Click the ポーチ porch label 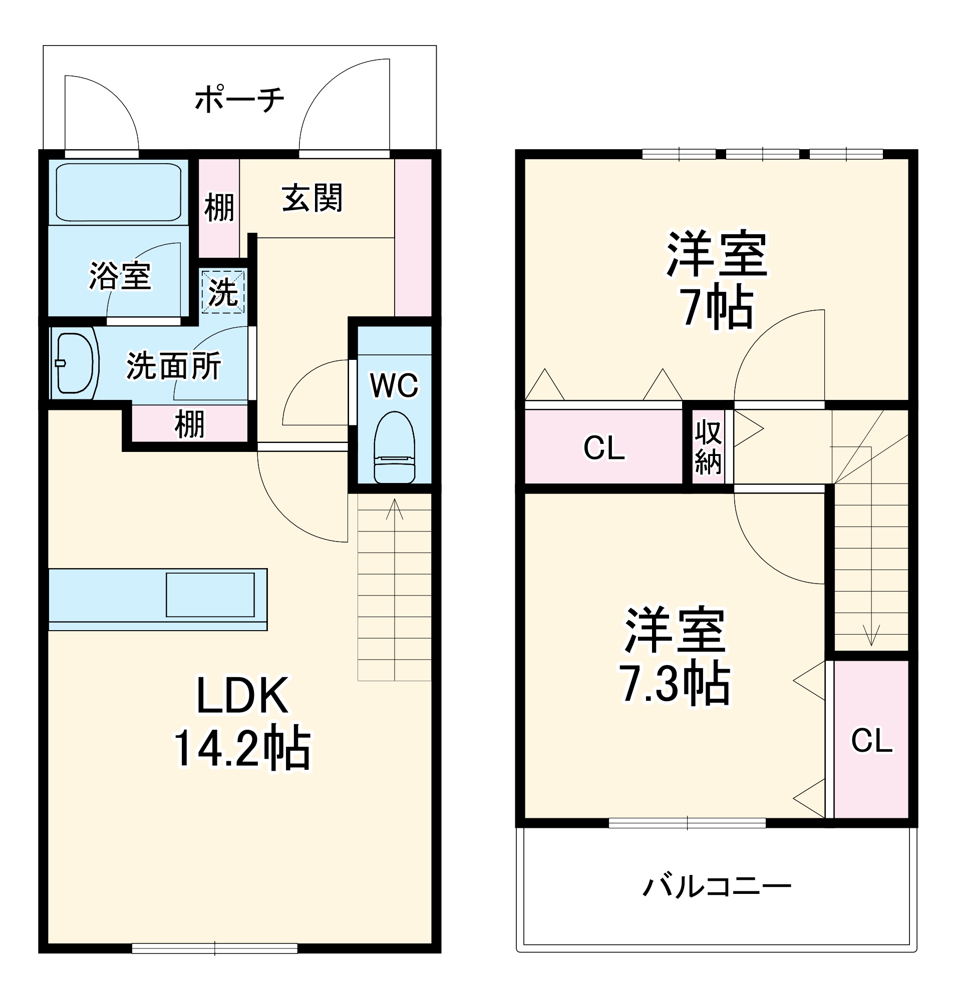pyautogui.click(x=239, y=99)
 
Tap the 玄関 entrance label pyautogui.click(x=312, y=198)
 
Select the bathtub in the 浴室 pyautogui.click(x=118, y=192)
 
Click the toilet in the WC pyautogui.click(x=394, y=448)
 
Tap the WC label pyautogui.click(x=394, y=385)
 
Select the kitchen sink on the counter pyautogui.click(x=210, y=595)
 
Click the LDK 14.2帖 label pyautogui.click(x=242, y=723)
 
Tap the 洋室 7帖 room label pyautogui.click(x=716, y=279)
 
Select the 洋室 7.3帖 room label pyautogui.click(x=675, y=656)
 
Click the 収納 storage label pyautogui.click(x=708, y=447)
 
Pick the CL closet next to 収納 pyautogui.click(x=603, y=448)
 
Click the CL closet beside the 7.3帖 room pyautogui.click(x=871, y=740)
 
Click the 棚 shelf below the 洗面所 pyautogui.click(x=190, y=424)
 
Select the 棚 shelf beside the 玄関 pyautogui.click(x=219, y=208)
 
